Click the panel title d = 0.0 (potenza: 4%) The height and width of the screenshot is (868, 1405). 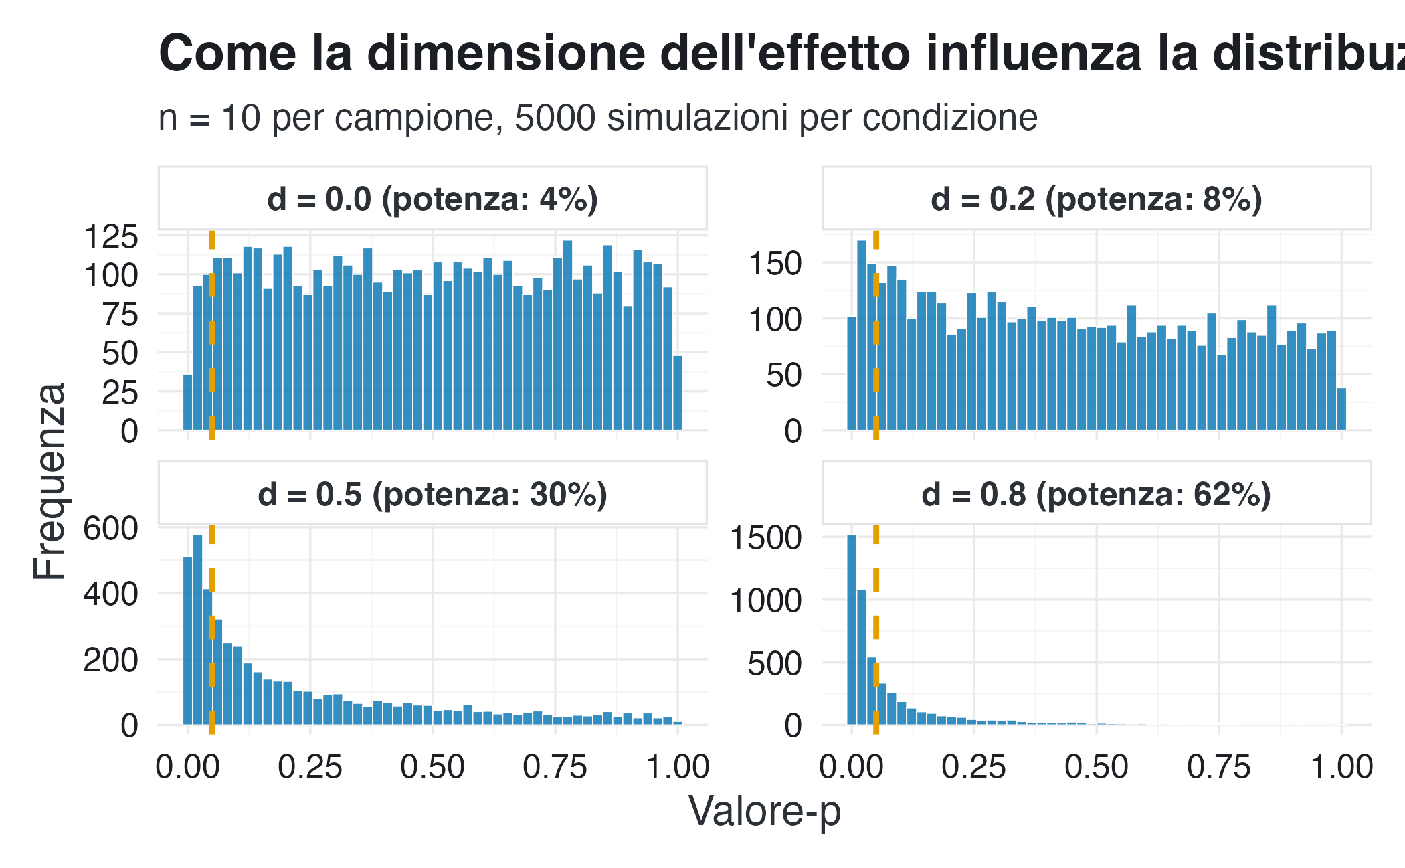click(432, 199)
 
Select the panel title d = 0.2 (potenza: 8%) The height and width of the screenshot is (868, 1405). click(1096, 199)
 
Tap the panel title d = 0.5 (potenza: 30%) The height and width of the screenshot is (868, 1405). click(432, 495)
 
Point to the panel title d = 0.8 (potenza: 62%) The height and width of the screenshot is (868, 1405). click(1096, 495)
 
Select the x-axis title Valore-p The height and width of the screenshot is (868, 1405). click(764, 811)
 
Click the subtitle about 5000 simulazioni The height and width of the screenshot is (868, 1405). click(597, 118)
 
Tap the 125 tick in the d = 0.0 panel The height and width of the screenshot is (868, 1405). click(111, 237)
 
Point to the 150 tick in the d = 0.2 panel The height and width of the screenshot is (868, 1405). click(775, 264)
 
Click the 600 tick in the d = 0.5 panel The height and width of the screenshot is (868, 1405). click(111, 529)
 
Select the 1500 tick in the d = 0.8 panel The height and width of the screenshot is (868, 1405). click(765, 537)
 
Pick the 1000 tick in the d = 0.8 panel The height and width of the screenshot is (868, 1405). click(765, 600)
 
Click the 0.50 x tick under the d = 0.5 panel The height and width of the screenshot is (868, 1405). click(432, 766)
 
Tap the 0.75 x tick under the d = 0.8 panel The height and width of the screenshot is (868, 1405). click(1218, 766)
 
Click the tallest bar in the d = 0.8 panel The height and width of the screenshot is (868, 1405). click(852, 629)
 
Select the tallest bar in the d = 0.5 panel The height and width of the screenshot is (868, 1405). click(197, 629)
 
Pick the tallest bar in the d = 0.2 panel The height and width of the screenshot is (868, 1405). click(862, 335)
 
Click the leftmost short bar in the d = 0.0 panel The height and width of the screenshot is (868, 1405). click(188, 402)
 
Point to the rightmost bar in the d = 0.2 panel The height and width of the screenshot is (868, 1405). click(1341, 409)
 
